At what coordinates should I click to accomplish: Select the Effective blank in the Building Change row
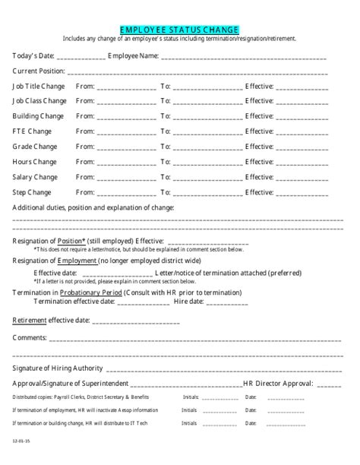coord(302,117)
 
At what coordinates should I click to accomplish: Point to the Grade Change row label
coord(34,147)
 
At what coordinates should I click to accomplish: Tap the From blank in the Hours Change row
coord(126,163)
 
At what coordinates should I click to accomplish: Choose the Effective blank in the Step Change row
coord(302,193)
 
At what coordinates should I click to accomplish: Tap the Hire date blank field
coord(226,302)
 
